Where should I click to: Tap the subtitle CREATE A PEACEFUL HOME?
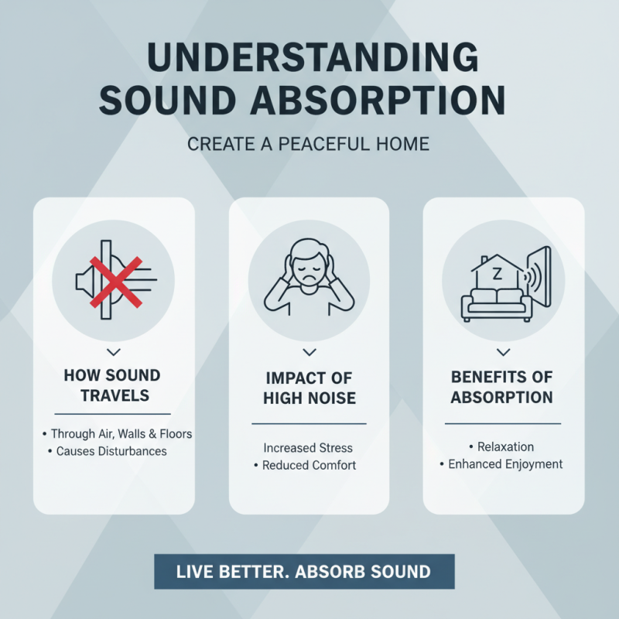coord(309,144)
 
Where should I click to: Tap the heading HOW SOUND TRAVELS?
coord(112,385)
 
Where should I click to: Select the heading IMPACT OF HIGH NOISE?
coord(309,388)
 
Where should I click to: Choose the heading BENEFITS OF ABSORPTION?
coord(502,387)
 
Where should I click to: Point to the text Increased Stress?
coord(308,448)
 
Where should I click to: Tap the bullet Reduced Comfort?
coord(308,466)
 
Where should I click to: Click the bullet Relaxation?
coord(503,447)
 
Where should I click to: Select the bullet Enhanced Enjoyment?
coord(502,464)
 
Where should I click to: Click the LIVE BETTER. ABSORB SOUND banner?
coord(303,573)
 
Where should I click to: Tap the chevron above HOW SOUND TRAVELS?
coord(112,353)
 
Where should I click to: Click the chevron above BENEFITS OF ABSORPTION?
coord(502,353)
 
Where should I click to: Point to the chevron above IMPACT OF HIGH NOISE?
coord(309,353)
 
